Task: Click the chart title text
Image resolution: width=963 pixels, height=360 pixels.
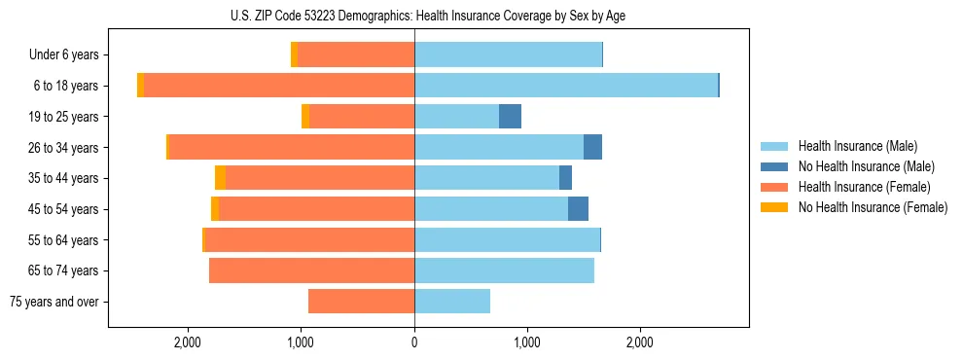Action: pos(428,16)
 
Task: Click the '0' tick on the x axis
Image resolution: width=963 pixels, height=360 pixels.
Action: pos(414,342)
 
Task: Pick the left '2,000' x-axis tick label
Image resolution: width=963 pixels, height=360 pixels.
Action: pos(187,342)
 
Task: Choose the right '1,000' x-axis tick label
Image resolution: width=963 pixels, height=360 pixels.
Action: pos(526,342)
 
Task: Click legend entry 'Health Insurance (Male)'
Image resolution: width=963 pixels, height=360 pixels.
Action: pos(857,146)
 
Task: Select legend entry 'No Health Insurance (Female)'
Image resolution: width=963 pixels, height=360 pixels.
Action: pos(873,207)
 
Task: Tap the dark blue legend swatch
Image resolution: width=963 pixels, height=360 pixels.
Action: pos(774,166)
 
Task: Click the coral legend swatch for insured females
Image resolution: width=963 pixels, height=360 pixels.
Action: pos(774,187)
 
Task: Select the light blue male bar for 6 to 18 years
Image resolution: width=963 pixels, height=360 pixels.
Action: pos(566,86)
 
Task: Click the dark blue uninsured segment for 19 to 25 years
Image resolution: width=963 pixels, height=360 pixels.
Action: pos(510,117)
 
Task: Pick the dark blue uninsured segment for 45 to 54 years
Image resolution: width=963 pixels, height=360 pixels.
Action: pos(578,209)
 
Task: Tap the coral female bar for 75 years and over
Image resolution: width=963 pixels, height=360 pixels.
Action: pos(361,302)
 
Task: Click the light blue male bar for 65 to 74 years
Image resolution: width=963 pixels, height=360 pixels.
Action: pos(504,270)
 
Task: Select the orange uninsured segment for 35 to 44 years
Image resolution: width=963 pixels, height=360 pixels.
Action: pos(220,178)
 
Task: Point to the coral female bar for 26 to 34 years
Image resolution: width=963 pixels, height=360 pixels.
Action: pos(292,147)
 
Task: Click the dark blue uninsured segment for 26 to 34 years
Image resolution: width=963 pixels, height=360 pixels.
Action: pos(592,147)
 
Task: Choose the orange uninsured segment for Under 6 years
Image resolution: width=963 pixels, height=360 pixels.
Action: pos(294,54)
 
